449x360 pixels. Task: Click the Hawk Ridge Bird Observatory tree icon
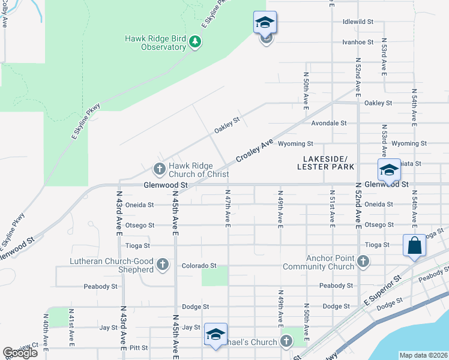click(x=194, y=41)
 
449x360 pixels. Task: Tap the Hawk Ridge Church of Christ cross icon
click(x=160, y=169)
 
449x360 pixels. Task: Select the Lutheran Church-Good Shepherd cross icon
click(x=162, y=264)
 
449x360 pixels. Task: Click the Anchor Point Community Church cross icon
click(x=363, y=261)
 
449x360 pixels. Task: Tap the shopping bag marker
click(x=414, y=245)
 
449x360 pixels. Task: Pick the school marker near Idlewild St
click(x=265, y=23)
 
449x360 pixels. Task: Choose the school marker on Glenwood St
click(x=388, y=170)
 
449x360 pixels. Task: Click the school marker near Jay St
click(x=215, y=335)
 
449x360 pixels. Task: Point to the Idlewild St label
click(x=358, y=22)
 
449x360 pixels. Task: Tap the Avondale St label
click(x=329, y=123)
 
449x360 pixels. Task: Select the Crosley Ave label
click(x=255, y=149)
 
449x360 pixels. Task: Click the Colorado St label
click(x=200, y=265)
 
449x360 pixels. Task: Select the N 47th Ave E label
click(x=228, y=209)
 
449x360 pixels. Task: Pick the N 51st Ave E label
click(x=332, y=209)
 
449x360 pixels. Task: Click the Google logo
click(x=20, y=353)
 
